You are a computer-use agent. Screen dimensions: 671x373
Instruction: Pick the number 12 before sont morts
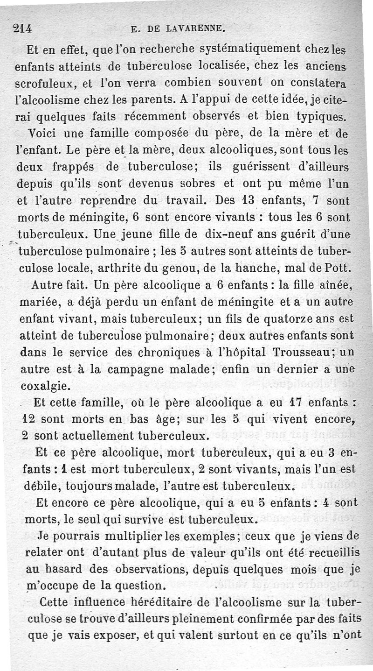(x=30, y=419)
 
